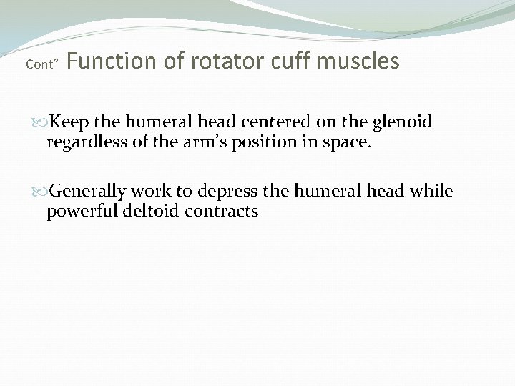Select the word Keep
click(69, 122)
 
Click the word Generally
click(89, 192)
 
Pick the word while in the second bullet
click(433, 192)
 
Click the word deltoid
click(143, 212)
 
